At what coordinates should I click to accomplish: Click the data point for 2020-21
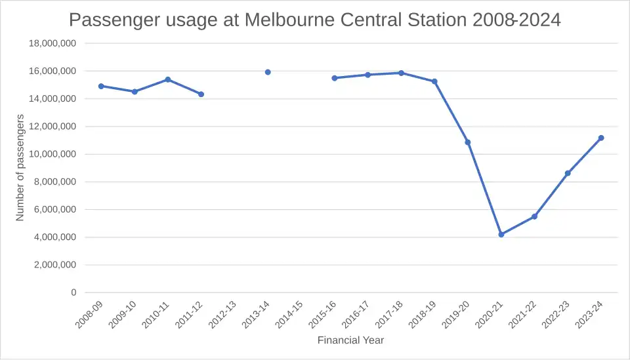pos(501,234)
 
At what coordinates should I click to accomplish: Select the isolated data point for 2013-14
pos(268,72)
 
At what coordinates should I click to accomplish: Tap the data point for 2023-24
pos(601,138)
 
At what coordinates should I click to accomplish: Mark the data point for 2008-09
pos(101,86)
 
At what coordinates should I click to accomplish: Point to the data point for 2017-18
pos(401,73)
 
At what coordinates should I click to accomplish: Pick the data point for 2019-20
pos(468,142)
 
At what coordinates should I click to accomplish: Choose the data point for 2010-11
pos(168,79)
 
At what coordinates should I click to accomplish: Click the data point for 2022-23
pos(568,173)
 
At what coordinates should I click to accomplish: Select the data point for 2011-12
pos(201,94)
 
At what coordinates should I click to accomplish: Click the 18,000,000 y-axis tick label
pos(52,43)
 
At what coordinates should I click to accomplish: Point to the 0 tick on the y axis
pos(73,292)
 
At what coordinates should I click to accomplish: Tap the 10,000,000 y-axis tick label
pos(52,154)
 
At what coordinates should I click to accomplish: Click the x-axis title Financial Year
pos(350,340)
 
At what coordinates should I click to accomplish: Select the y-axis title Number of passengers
pos(20,167)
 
